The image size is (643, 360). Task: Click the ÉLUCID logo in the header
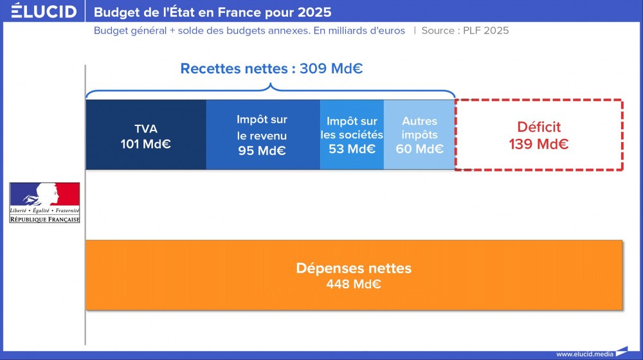tap(44, 12)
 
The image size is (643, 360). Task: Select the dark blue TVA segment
tap(145, 135)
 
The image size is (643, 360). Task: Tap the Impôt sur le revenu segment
tap(262, 135)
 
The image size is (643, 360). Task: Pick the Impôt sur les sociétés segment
tap(352, 135)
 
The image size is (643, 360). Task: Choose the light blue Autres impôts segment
tap(419, 135)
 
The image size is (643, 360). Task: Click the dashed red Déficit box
tap(539, 135)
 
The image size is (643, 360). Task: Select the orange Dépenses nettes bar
tap(354, 275)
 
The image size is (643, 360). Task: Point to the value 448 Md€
tap(354, 284)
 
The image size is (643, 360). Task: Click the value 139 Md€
tap(539, 145)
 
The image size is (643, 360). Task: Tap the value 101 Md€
tap(145, 144)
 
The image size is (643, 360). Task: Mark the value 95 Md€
tap(262, 152)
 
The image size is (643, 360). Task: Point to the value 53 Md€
tap(352, 149)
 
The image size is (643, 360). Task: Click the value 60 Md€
tap(420, 149)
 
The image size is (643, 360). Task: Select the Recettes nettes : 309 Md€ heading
tap(271, 69)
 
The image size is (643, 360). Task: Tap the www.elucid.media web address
tap(584, 354)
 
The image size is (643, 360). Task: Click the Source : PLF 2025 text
tap(465, 30)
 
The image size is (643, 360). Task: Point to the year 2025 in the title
tap(316, 12)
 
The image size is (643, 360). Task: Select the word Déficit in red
tap(539, 127)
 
